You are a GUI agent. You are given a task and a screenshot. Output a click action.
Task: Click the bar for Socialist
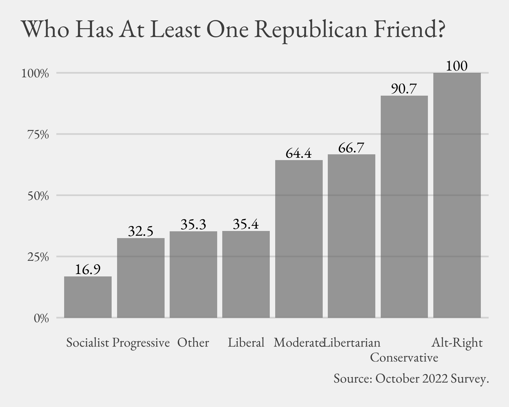tap(88, 297)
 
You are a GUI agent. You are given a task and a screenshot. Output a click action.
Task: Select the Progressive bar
tap(141, 278)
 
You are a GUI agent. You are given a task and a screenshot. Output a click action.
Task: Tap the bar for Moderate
tap(299, 239)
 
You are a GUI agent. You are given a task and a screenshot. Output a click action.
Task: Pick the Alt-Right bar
tap(457, 195)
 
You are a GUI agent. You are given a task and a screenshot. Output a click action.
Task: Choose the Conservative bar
tap(404, 207)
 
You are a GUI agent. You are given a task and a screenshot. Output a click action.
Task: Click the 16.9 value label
tap(88, 270)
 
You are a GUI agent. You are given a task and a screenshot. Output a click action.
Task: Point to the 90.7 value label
tap(404, 89)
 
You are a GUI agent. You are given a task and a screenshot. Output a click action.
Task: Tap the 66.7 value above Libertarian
tap(351, 148)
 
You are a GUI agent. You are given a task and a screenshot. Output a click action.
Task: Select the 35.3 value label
tap(193, 225)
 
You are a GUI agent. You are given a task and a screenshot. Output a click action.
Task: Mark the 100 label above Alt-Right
tap(457, 66)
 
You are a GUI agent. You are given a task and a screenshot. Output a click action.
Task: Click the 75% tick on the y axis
tap(37, 135)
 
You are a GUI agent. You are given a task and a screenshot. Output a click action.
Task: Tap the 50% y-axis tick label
tap(37, 196)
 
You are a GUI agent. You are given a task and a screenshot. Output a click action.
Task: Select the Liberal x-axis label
tap(246, 343)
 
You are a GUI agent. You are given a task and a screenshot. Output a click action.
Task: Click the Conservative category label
tap(404, 357)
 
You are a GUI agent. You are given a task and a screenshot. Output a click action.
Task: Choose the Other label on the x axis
tap(193, 343)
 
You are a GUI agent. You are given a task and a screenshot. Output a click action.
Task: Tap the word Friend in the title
tap(404, 30)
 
